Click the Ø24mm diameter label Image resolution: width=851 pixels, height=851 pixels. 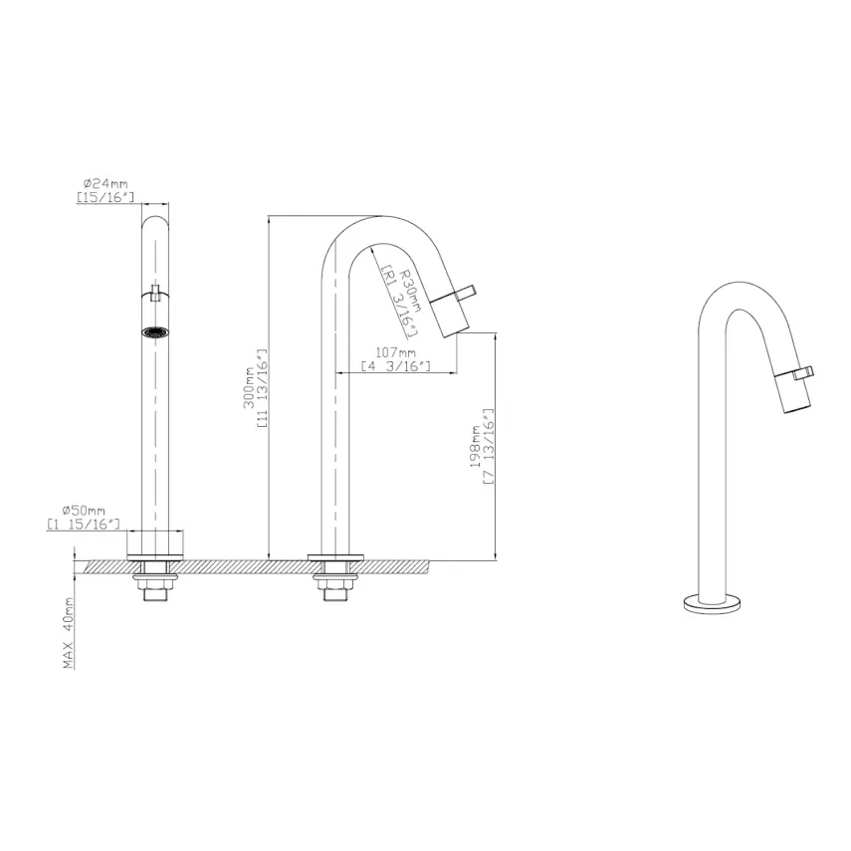[x=106, y=184]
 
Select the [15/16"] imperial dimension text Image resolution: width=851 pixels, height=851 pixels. [x=106, y=198]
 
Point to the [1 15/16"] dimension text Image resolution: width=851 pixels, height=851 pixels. [x=84, y=524]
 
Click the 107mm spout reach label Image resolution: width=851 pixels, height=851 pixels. [x=395, y=352]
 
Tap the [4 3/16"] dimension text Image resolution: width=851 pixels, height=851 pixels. [x=395, y=366]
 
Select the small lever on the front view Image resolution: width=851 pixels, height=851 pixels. [x=155, y=294]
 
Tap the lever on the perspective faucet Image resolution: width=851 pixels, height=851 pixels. [x=804, y=373]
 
